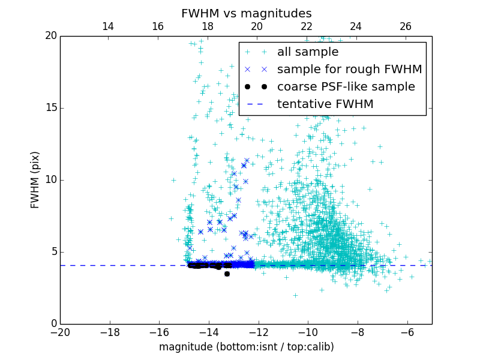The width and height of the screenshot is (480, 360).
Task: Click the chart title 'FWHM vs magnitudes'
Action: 246,13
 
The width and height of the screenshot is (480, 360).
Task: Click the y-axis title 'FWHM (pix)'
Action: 35,179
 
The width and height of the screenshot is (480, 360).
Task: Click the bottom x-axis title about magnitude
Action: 246,347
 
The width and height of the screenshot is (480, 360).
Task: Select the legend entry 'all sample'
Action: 307,52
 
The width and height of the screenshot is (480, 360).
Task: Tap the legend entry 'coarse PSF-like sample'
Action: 346,87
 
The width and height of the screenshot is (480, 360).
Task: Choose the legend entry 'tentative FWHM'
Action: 325,104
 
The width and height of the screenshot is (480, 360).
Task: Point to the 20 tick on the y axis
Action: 50,36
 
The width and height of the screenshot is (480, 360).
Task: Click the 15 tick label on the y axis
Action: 50,108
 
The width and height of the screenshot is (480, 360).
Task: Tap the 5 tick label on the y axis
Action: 53,252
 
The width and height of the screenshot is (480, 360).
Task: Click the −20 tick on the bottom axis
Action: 60,332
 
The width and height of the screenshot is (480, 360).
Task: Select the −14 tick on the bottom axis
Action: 209,332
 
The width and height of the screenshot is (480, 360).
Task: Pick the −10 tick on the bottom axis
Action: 308,332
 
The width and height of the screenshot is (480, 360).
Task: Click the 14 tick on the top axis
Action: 108,26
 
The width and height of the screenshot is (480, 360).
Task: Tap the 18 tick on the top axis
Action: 207,26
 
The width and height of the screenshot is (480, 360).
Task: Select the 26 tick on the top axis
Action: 406,26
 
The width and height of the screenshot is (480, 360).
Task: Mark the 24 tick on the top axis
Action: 356,26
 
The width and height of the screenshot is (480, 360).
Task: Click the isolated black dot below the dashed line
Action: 227,274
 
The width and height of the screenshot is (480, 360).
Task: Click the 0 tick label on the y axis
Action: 53,324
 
